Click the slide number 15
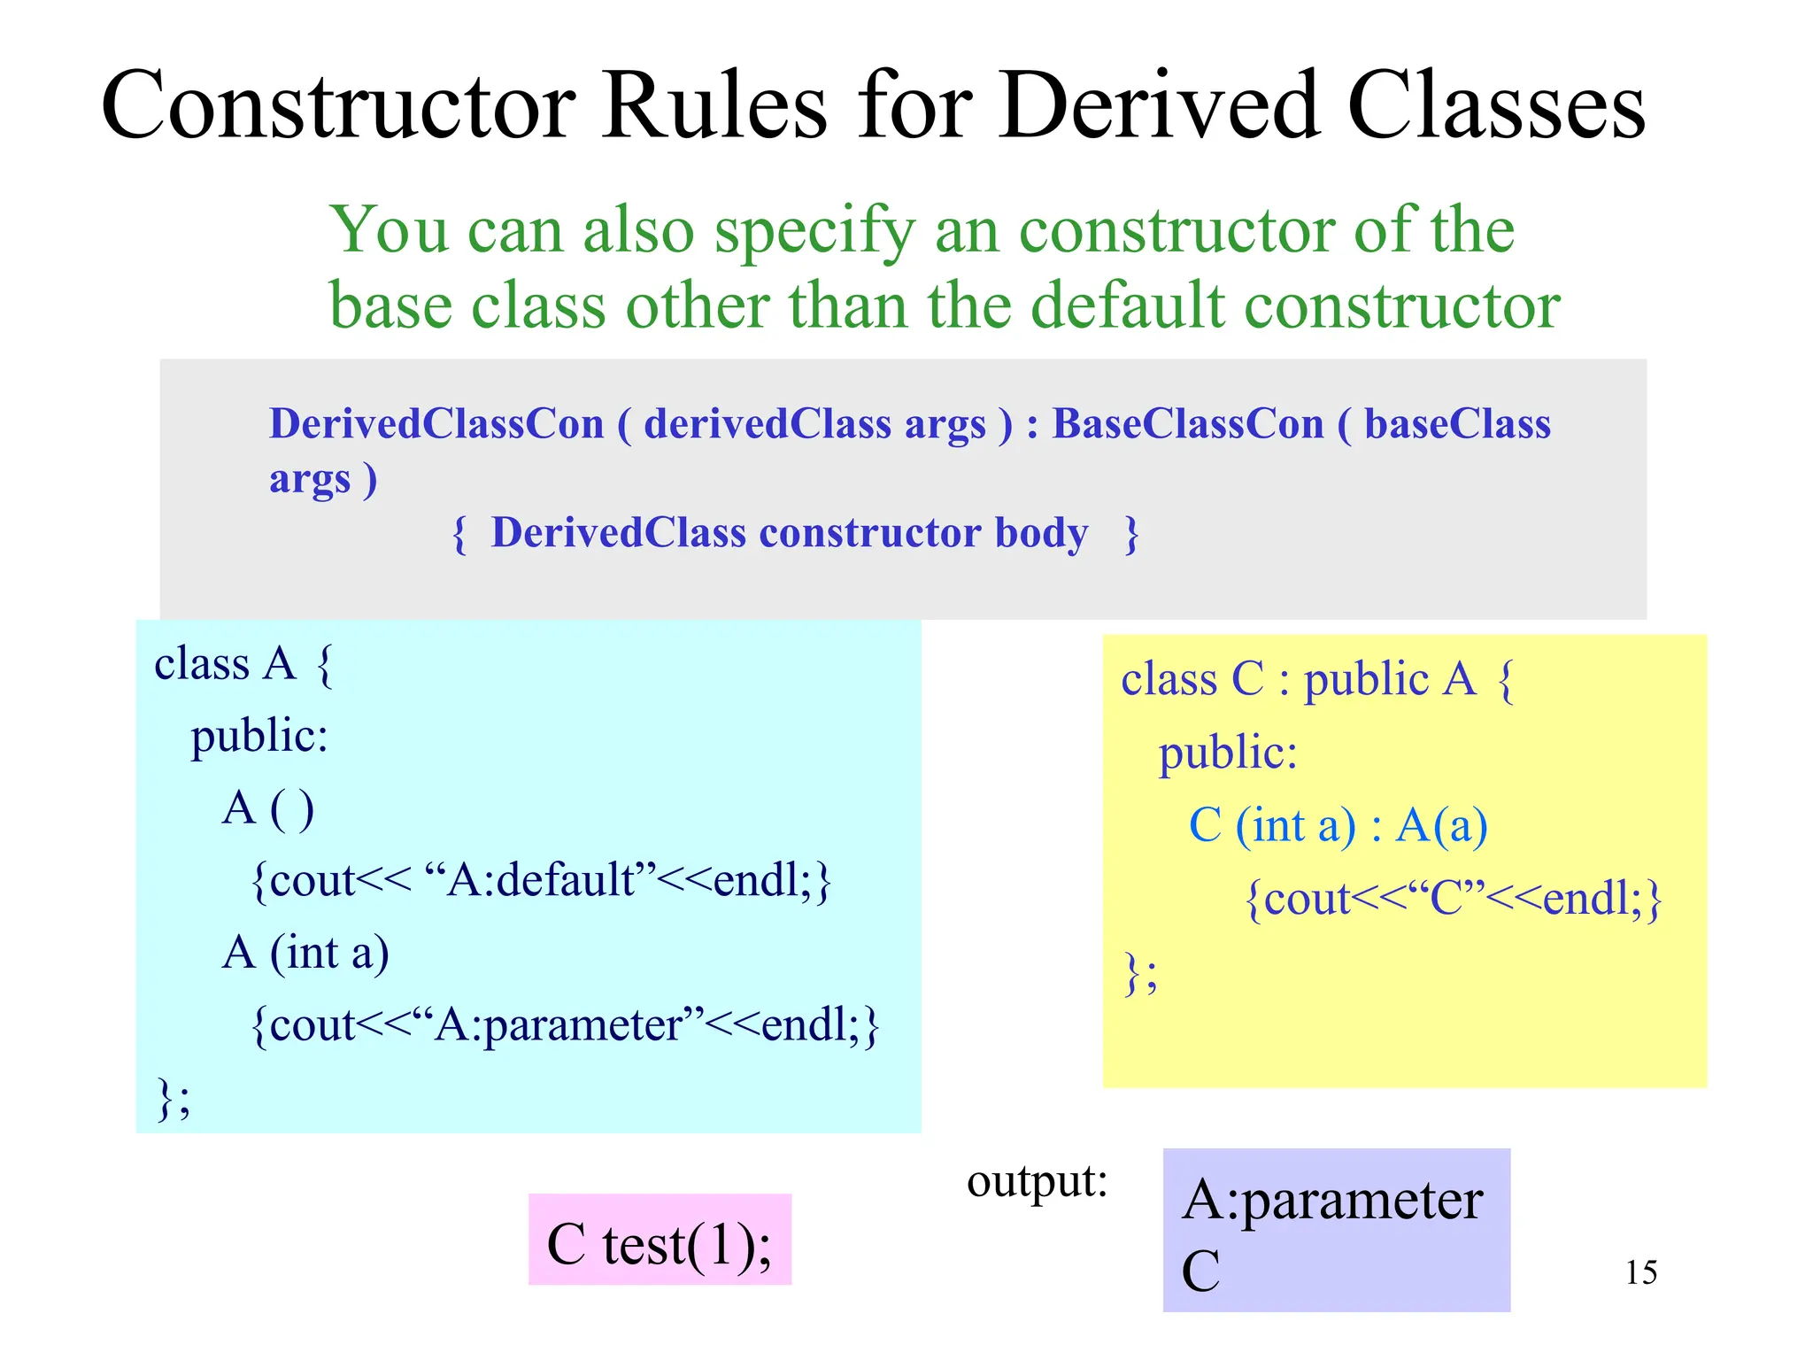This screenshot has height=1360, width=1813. tap(1640, 1272)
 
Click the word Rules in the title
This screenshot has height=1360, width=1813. tap(714, 106)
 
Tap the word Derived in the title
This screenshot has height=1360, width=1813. tap(1161, 106)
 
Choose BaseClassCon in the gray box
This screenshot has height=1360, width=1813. tap(1187, 423)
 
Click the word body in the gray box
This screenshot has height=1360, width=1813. tap(1041, 533)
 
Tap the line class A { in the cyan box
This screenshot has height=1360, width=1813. tap(243, 664)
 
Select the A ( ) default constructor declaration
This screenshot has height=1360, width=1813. tap(267, 808)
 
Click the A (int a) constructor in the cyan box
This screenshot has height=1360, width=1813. tap(305, 954)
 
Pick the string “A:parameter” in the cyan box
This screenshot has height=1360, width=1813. tap(558, 1025)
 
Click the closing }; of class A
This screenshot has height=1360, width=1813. tap(173, 1099)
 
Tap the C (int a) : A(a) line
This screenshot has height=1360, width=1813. tap(1337, 826)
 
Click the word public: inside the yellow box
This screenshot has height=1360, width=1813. tap(1228, 753)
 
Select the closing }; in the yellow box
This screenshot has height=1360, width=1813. tap(1139, 973)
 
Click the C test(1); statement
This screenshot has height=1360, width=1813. tap(659, 1245)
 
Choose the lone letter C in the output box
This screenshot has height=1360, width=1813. tap(1200, 1271)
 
